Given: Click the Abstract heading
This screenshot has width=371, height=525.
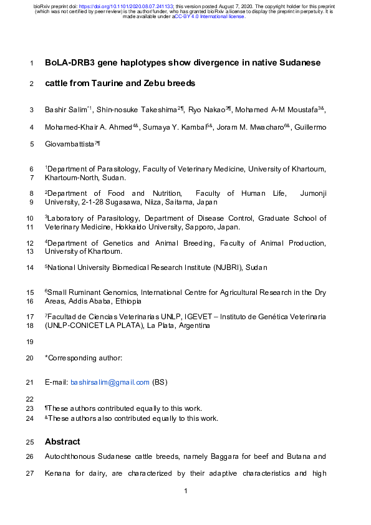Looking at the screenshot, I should pyautogui.click(x=62, y=441).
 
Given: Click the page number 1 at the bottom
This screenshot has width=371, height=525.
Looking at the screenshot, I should pyautogui.click(x=186, y=492).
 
